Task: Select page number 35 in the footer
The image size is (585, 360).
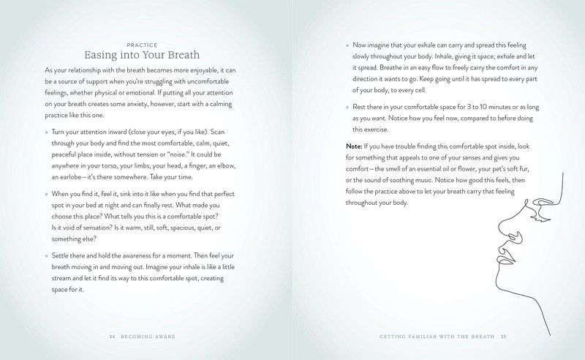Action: (503, 337)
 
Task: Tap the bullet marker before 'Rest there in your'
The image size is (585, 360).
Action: (348, 106)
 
